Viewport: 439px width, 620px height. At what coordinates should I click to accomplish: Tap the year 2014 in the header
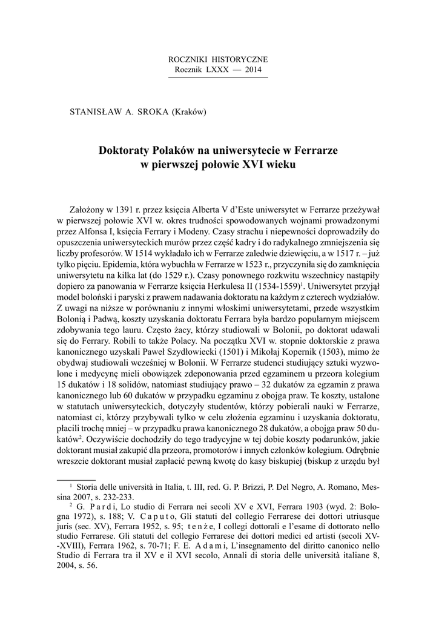point(253,70)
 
